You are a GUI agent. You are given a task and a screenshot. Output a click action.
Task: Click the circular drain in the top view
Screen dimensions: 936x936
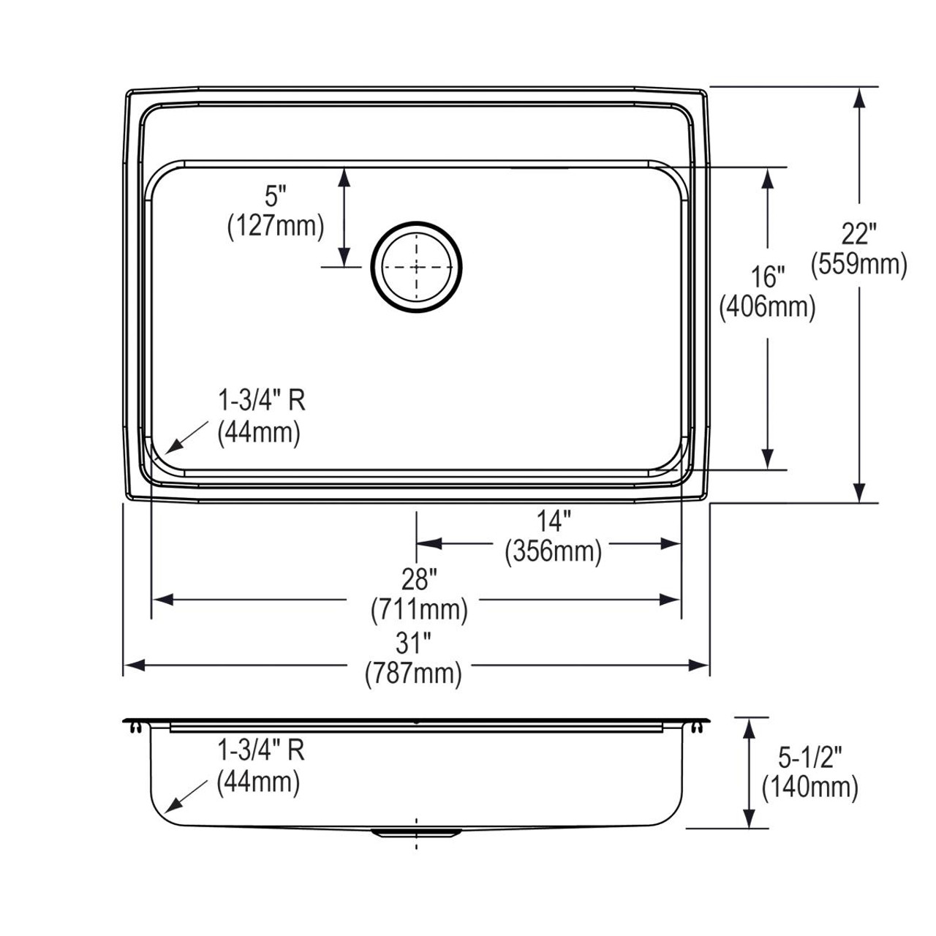417,267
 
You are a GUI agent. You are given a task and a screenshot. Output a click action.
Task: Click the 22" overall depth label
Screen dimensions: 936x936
858,234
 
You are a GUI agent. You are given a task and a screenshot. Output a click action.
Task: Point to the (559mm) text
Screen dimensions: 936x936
858,264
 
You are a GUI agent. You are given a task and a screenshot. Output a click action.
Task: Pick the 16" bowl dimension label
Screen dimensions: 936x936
767,277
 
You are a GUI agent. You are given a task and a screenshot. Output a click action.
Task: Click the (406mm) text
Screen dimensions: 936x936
767,306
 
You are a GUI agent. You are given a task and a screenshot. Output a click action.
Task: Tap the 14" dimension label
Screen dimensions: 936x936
553,521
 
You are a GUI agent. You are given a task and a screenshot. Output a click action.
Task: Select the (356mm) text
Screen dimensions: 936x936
553,551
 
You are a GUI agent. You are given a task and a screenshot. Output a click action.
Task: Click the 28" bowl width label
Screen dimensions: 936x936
419,579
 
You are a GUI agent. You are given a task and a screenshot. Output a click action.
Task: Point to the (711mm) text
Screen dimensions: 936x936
419,608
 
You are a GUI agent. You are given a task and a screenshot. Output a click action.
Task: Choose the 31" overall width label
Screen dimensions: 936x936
413,643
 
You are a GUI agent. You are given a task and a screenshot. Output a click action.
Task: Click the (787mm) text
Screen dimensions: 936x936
413,673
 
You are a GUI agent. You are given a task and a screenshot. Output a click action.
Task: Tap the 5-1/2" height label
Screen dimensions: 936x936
810,758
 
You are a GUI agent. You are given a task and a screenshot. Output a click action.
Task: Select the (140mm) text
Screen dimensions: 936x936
810,787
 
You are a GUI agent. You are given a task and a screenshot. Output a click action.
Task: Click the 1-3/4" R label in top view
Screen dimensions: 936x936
261,401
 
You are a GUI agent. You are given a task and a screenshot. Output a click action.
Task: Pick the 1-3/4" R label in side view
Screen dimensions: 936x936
260,750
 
